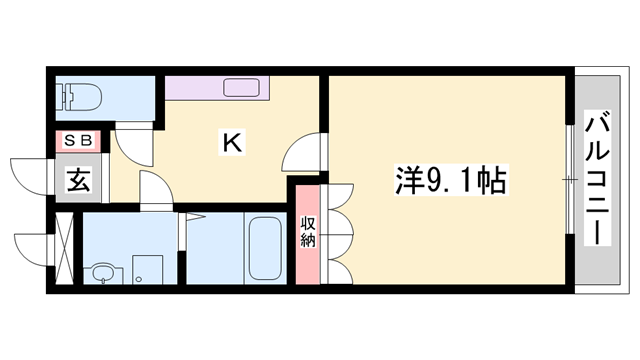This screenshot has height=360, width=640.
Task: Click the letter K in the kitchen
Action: point(232,143)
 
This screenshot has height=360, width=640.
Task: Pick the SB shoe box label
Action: point(77,141)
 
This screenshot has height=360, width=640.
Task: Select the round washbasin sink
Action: point(102,272)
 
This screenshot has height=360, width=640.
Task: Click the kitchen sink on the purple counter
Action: point(244,87)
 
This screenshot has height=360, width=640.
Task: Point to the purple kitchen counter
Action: point(200,87)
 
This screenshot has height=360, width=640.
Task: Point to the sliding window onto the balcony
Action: point(568,180)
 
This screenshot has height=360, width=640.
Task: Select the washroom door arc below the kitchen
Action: point(153,191)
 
